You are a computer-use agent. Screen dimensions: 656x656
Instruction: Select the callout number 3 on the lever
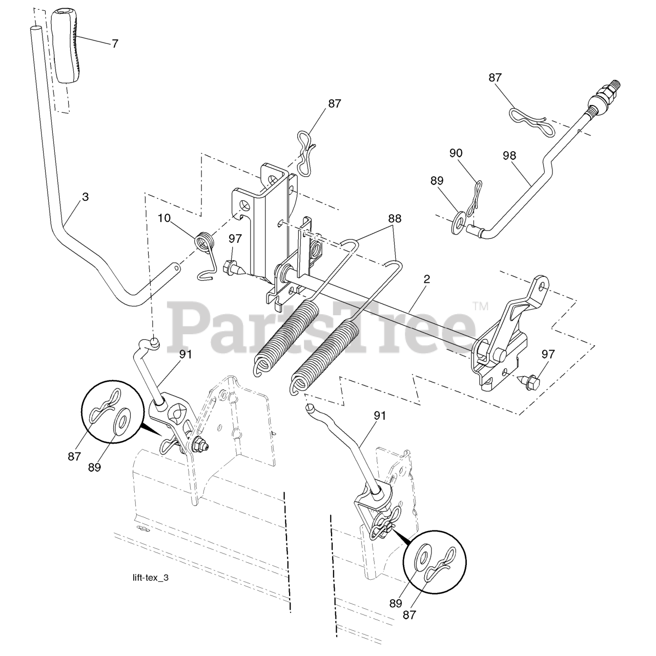pos(85,196)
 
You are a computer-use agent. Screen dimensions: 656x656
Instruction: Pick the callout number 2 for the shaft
pos(426,279)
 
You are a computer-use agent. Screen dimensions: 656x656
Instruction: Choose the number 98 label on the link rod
pos(509,156)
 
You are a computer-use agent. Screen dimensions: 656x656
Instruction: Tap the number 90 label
pos(456,153)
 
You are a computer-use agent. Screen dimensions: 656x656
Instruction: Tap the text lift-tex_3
pos(150,578)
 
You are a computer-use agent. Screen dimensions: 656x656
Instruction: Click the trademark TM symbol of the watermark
pos(481,306)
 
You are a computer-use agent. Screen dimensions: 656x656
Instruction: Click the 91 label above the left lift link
pos(186,354)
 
